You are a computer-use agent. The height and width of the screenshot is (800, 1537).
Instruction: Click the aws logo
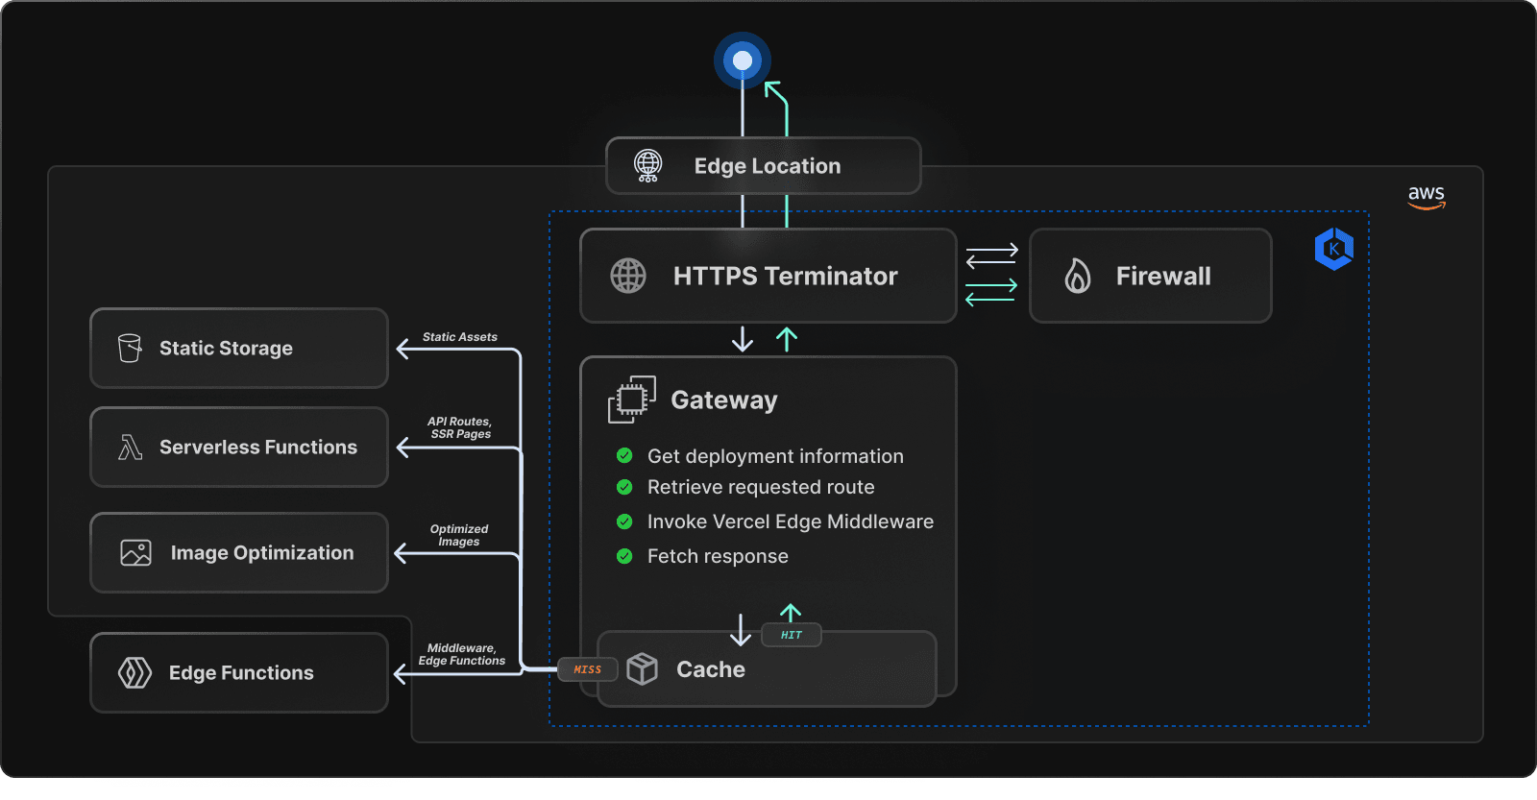point(1427,196)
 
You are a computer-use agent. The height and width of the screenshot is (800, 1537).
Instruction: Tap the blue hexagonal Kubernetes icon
point(1334,249)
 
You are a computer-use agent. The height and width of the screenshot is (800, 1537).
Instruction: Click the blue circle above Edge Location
point(743,61)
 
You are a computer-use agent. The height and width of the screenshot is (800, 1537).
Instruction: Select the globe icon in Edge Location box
point(648,165)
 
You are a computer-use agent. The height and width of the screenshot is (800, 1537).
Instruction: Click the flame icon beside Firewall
point(1078,276)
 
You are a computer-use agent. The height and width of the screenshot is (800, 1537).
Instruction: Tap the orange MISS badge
point(587,669)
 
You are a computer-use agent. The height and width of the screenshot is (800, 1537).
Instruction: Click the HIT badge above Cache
point(791,635)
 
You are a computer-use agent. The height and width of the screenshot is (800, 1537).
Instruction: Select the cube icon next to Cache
point(642,668)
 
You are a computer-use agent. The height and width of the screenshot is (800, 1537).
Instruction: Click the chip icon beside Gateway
point(631,400)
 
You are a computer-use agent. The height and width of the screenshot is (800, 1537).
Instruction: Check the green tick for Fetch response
point(624,556)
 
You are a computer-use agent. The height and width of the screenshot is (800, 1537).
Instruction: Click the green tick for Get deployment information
point(624,455)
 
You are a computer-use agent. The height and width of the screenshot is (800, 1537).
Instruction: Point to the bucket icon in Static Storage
point(130,348)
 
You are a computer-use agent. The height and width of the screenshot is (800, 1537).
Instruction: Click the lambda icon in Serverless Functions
point(130,447)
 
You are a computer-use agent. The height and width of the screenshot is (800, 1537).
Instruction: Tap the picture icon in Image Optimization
point(135,552)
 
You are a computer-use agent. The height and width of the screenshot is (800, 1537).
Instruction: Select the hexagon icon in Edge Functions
point(134,672)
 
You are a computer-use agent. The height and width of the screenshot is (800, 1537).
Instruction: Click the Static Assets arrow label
point(459,337)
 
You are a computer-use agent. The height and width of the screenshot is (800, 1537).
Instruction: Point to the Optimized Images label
point(459,535)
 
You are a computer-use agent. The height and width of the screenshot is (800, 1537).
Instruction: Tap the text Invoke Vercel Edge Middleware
point(790,521)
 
